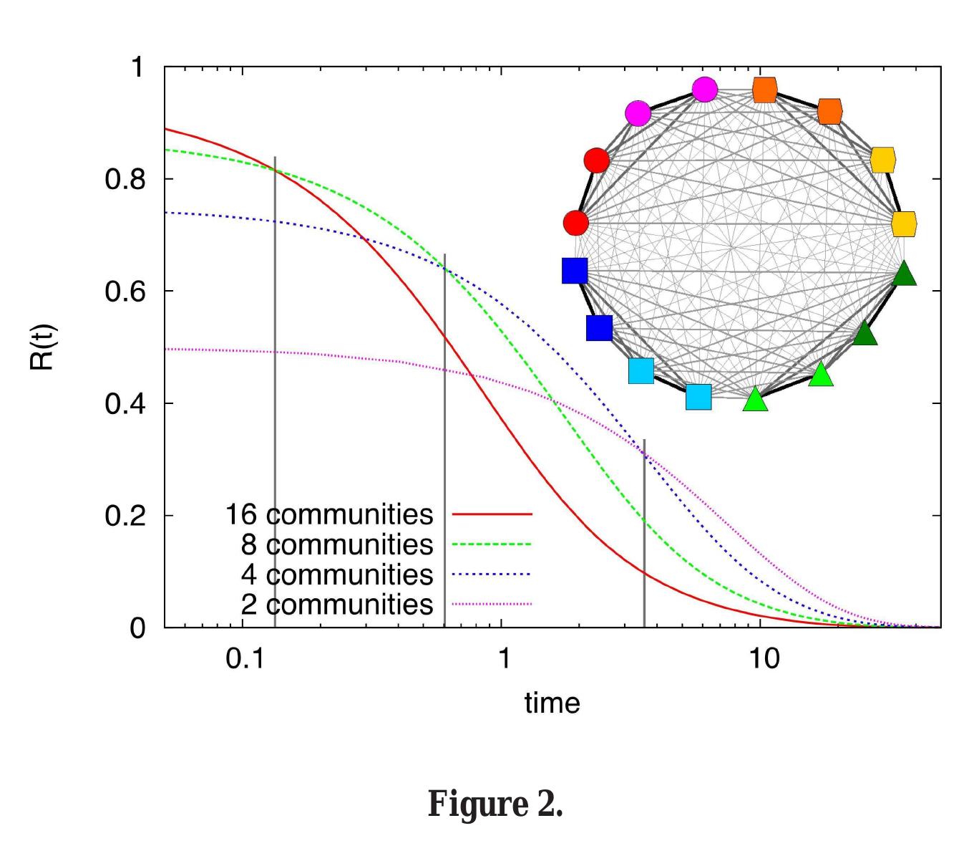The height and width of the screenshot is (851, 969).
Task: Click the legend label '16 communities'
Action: click(x=329, y=514)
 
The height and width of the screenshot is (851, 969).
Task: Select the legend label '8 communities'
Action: click(x=337, y=544)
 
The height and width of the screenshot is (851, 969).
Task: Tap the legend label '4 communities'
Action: click(x=337, y=574)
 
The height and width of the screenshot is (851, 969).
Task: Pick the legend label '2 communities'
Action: click(x=337, y=605)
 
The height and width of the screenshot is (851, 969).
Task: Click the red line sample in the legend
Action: click(x=492, y=514)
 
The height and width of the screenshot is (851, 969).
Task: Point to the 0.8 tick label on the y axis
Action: click(x=125, y=179)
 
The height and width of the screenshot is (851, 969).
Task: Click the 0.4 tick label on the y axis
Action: click(x=125, y=404)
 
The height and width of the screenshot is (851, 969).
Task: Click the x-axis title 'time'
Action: click(x=552, y=703)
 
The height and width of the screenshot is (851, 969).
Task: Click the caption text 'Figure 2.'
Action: click(x=495, y=804)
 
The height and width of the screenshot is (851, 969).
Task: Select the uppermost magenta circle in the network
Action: click(x=705, y=90)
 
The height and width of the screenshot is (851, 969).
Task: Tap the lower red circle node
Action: click(x=575, y=222)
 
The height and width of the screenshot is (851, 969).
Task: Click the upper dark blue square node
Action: click(x=575, y=271)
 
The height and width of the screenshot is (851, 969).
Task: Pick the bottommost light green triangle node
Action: click(x=755, y=400)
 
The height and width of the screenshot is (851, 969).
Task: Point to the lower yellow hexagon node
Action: click(x=905, y=223)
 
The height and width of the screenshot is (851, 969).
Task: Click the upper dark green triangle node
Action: click(x=904, y=274)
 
